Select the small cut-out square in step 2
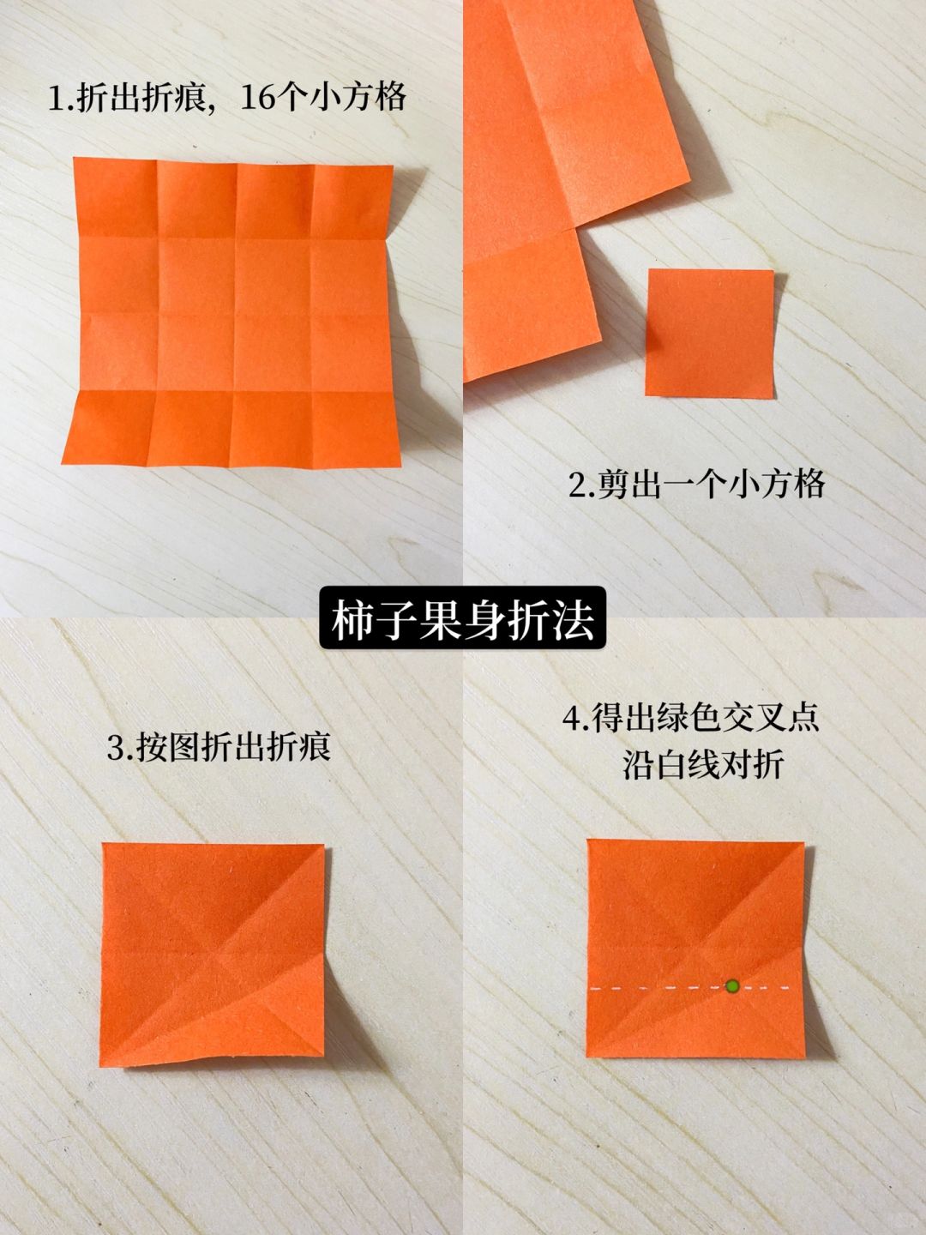tap(710, 334)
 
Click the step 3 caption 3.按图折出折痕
tap(219, 747)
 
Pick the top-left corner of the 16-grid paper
tap(75, 158)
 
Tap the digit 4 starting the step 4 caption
tap(572, 720)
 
